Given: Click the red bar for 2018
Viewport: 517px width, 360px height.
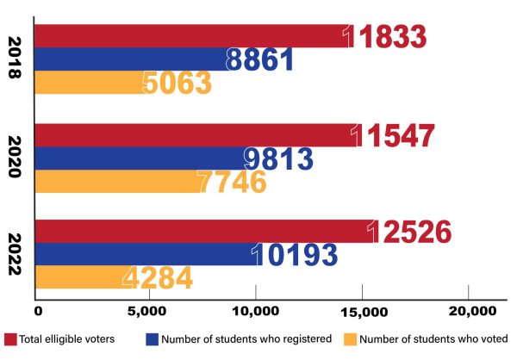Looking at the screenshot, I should [190, 37].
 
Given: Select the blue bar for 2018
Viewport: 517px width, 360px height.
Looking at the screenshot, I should [129, 59].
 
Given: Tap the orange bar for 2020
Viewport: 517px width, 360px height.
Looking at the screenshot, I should [112, 183].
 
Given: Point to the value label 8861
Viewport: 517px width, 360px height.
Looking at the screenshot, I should [259, 59].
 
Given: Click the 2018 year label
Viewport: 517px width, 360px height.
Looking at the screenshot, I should [16, 59].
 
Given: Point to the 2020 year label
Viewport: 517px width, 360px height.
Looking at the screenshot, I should [16, 158].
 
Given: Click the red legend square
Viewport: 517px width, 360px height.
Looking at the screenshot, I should [11, 338].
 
